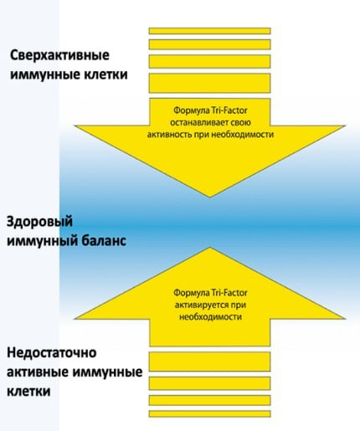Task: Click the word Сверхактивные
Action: pos(60,56)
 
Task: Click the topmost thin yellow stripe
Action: pos(209,30)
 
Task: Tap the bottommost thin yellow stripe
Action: pos(209,413)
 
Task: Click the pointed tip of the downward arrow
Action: pos(208,199)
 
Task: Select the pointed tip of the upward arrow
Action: pos(208,239)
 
